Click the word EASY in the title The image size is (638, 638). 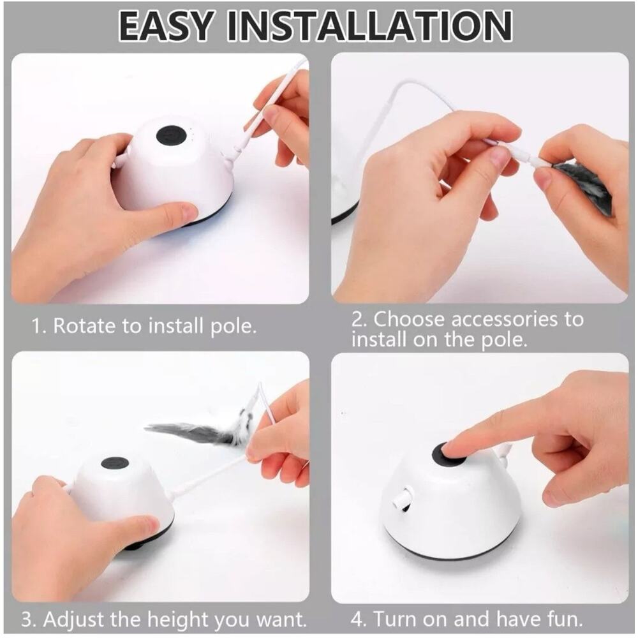pos(165,26)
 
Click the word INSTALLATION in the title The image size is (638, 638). pos(369,26)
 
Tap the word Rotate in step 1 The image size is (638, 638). pos(84,325)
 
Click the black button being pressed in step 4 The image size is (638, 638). pos(448,454)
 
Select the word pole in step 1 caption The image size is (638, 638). pos(233,327)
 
